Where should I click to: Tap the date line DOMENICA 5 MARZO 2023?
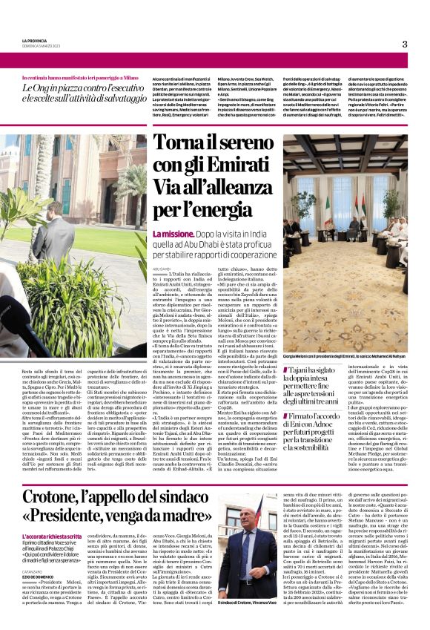click(39, 48)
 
